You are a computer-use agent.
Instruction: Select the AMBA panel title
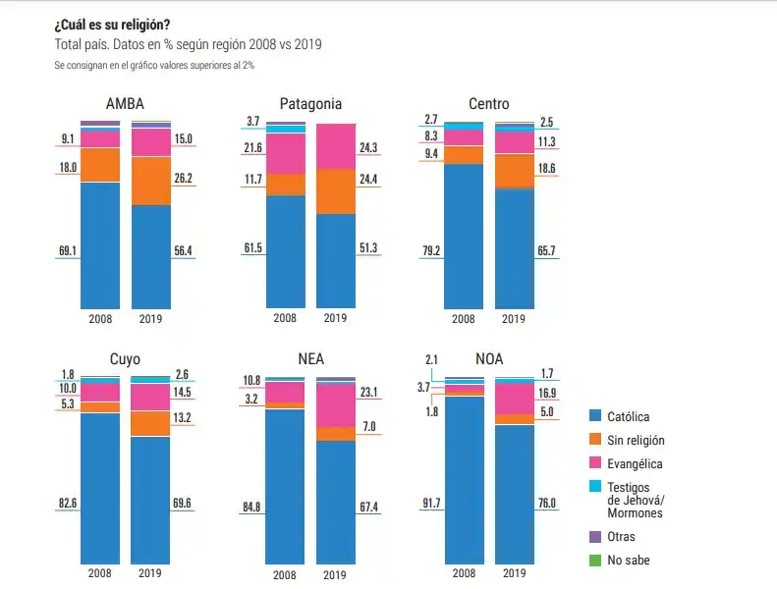coord(125,105)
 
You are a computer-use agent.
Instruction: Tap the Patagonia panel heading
coord(310,105)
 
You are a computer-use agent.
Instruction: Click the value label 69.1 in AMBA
coord(68,251)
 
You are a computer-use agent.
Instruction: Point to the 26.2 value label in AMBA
coord(183,179)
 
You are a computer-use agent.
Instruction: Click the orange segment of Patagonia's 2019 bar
coord(336,190)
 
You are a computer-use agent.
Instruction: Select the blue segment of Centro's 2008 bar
coord(464,236)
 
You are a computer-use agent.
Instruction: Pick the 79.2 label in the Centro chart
coord(431,251)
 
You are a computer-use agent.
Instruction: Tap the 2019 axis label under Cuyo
coord(150,572)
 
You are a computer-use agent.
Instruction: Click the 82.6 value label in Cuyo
coord(68,504)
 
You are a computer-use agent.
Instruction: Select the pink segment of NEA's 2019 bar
coord(336,404)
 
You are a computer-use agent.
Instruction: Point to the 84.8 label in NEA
coord(251,507)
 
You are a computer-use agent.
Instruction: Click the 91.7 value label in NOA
coord(431,504)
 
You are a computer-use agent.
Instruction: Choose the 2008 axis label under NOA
coord(463,572)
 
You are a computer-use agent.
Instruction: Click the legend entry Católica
coord(628,417)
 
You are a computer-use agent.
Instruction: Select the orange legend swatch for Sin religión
coord(594,441)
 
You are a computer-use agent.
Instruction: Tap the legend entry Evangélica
coord(634,464)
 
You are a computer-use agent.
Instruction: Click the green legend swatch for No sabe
coord(594,561)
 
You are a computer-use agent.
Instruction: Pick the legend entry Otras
coord(621,537)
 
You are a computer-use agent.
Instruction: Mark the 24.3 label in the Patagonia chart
coord(368,148)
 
